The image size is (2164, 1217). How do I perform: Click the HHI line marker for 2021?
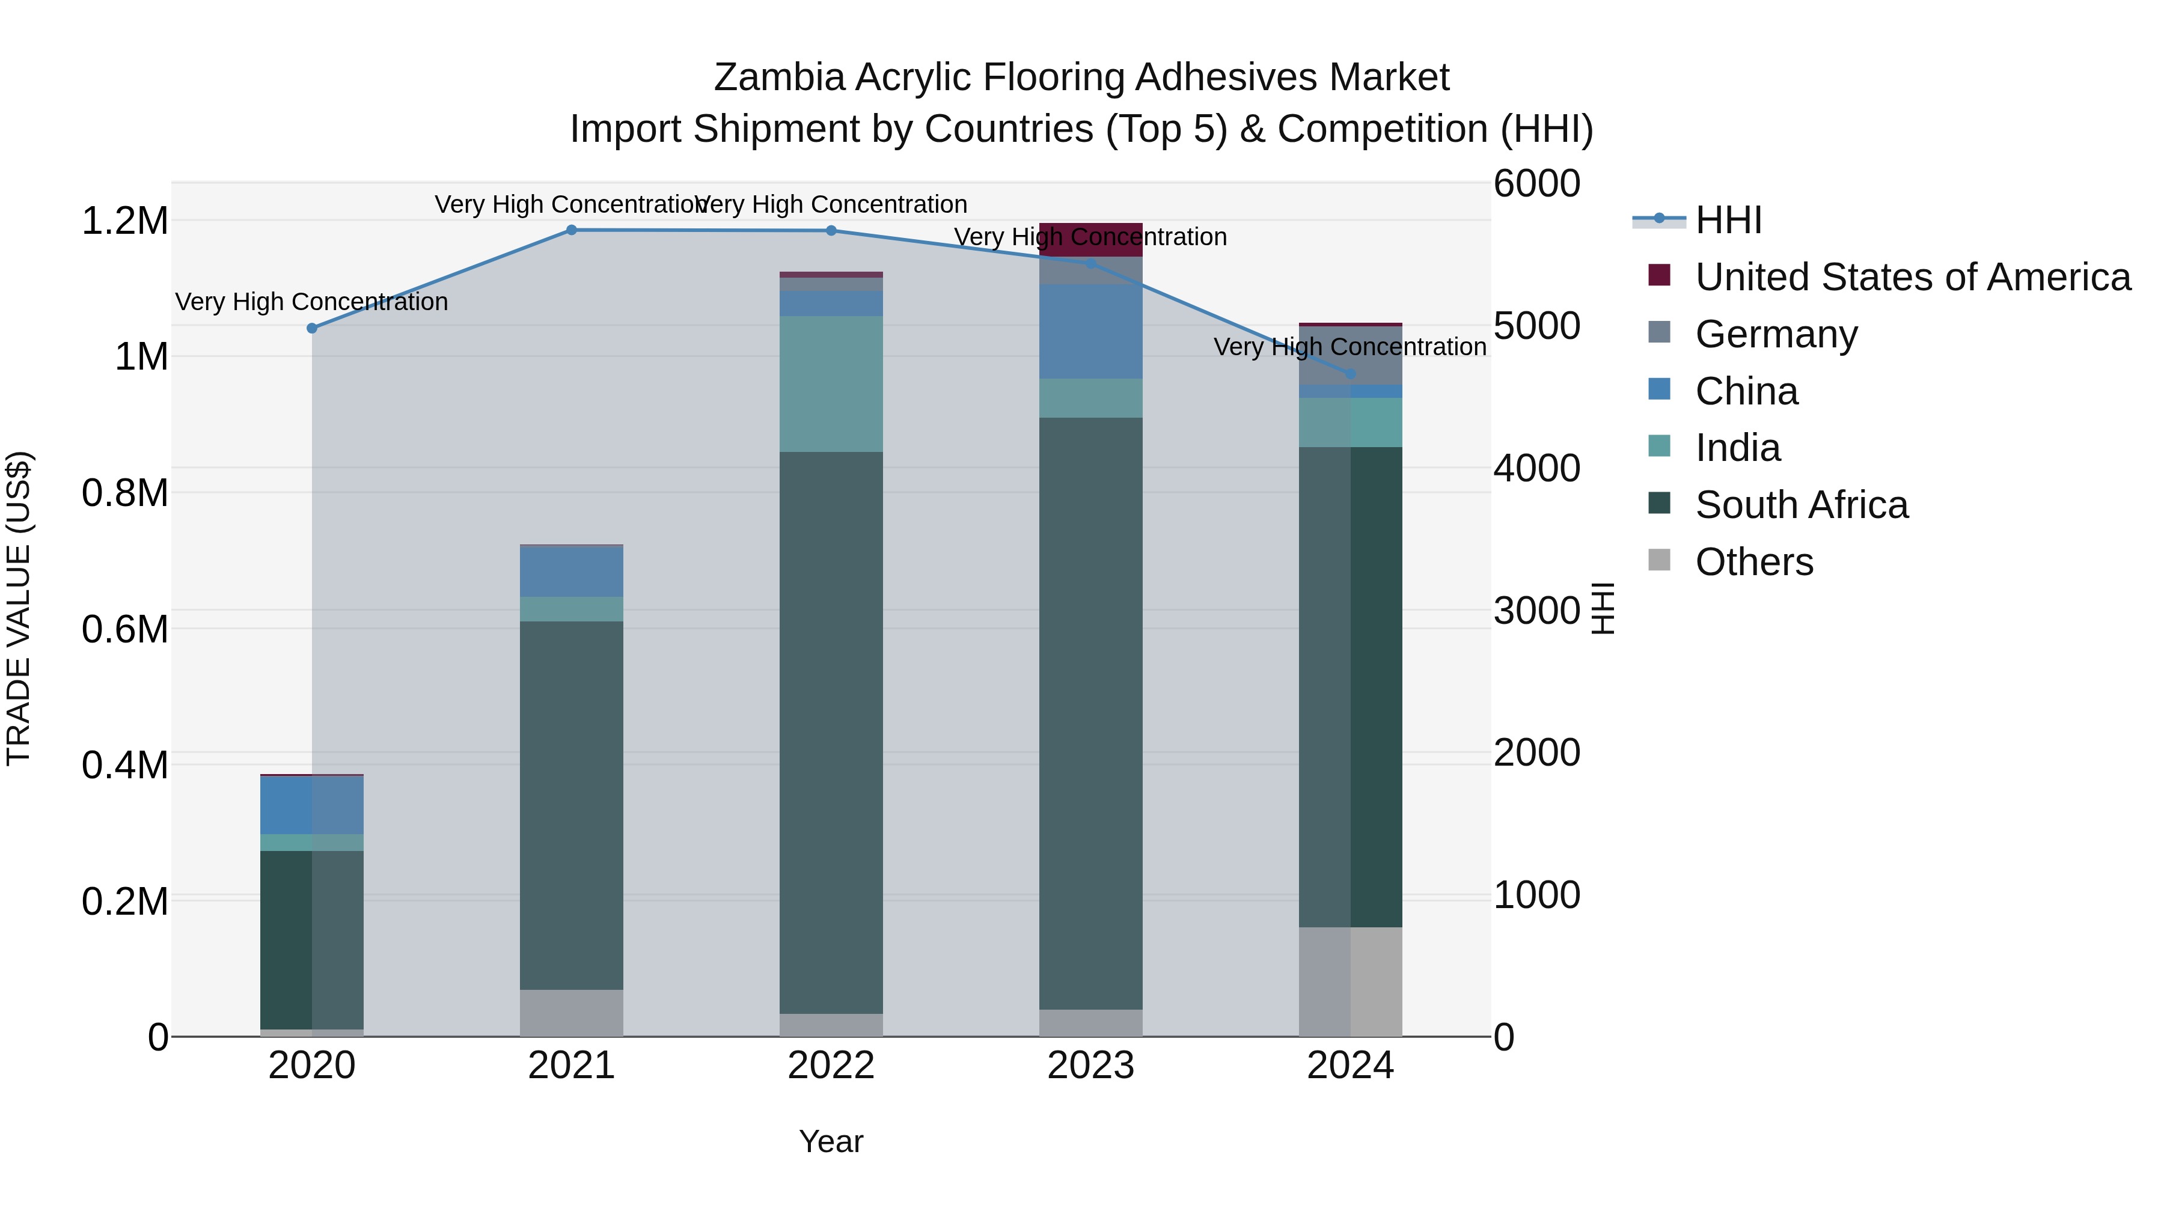tap(571, 230)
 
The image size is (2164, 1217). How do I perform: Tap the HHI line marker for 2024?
tap(1351, 374)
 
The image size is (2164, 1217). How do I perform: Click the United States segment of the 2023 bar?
tap(1090, 239)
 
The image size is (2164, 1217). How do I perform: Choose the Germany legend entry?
tap(1776, 334)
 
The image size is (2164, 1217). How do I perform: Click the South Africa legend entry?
tap(1801, 505)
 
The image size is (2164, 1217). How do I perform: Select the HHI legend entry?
tap(1728, 220)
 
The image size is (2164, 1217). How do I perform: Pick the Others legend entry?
tap(1754, 562)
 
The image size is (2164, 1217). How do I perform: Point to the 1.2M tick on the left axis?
tap(124, 221)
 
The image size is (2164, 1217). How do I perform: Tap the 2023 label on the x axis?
tap(1090, 1066)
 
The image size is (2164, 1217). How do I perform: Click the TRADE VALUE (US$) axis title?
tap(19, 608)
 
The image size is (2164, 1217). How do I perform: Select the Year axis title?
tap(831, 1141)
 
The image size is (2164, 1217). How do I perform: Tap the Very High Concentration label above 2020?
tap(311, 302)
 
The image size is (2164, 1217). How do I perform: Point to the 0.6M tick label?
tap(124, 629)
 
